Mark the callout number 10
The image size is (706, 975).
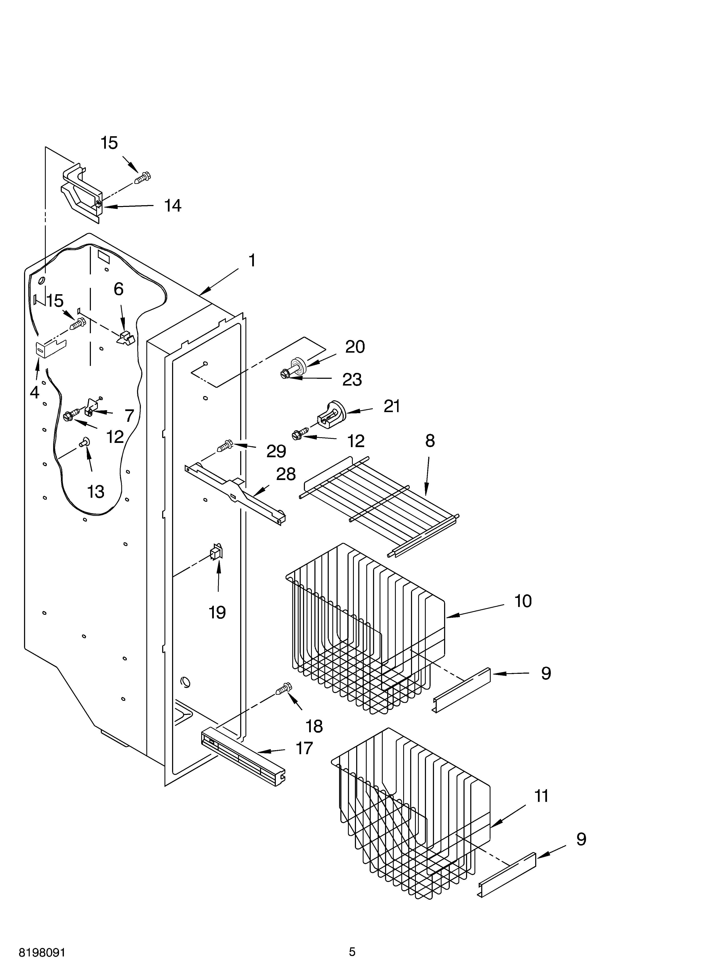(523, 601)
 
